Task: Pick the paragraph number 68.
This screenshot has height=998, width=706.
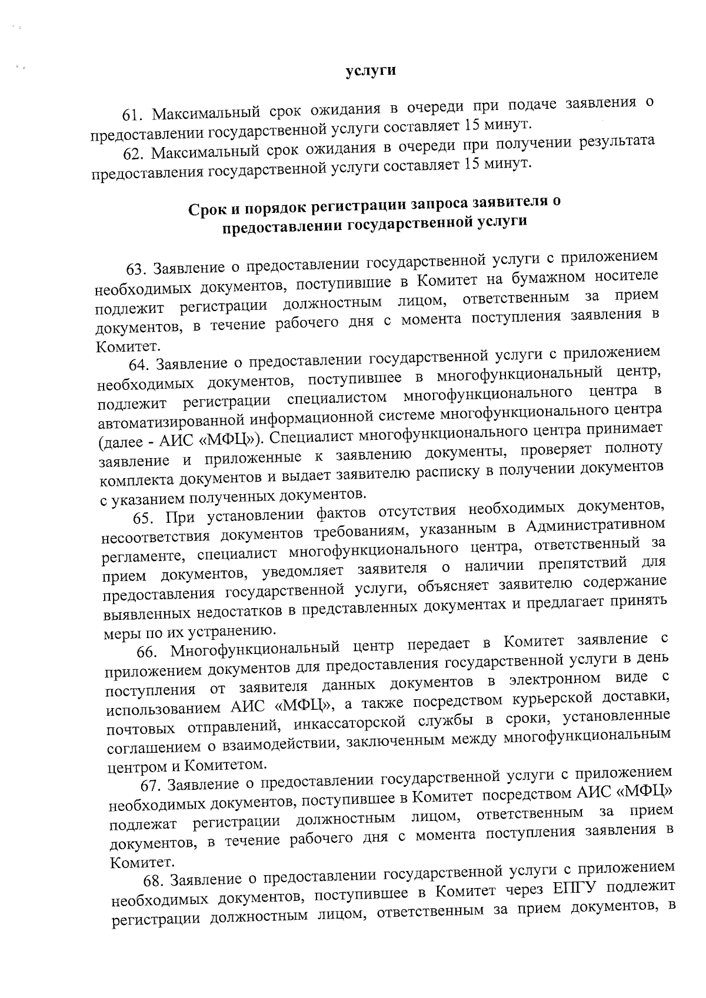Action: click(x=154, y=880)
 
